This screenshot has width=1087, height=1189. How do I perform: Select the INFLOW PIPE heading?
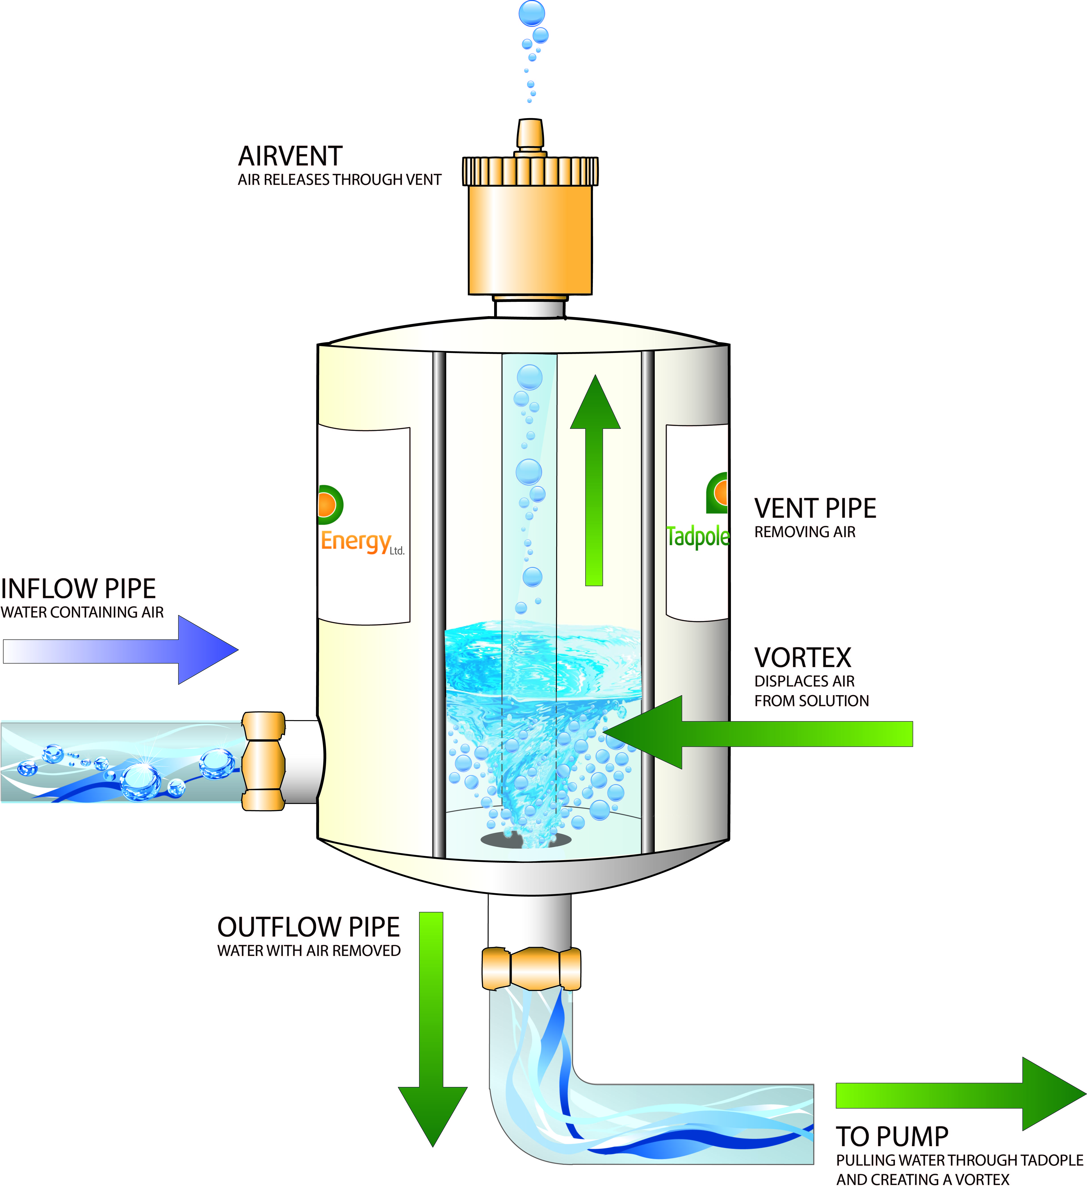pos(78,589)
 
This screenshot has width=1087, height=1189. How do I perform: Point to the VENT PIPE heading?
pos(815,508)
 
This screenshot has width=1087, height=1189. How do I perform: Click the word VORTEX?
pos(803,658)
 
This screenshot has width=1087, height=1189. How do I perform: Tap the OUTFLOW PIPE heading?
pos(309,927)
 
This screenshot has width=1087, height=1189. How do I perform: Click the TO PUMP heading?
pos(892,1137)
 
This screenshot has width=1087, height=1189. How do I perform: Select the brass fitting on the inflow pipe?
pos(263,761)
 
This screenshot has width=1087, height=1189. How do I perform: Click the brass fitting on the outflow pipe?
pos(531,968)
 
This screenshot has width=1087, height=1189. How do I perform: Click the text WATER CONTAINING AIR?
pos(82,612)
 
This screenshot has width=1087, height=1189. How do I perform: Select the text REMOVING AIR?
pos(804,532)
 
